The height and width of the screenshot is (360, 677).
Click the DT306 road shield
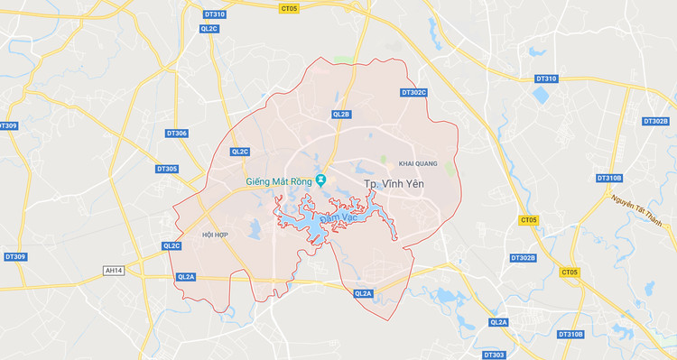click(177, 134)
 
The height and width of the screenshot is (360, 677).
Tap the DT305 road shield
click(167, 169)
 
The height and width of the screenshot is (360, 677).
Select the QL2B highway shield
click(341, 115)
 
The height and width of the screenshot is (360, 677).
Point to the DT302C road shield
click(413, 92)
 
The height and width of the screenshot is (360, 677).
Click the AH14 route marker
click(114, 270)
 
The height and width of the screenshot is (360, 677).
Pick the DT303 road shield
click(494, 355)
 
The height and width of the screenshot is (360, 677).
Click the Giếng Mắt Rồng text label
click(279, 181)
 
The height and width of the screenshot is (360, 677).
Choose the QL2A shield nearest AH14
click(187, 277)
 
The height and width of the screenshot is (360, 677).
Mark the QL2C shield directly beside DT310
click(209, 28)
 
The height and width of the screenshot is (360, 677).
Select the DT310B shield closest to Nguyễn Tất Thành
click(609, 178)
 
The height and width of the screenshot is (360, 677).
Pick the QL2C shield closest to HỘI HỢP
click(172, 245)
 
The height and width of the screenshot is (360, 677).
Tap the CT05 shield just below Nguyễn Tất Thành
click(570, 272)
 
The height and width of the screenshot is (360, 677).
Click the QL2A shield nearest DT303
click(498, 322)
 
